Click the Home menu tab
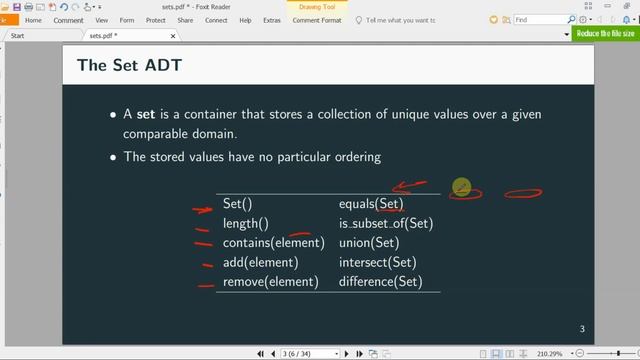click(x=33, y=20)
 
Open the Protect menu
click(x=156, y=20)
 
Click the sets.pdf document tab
click(x=103, y=35)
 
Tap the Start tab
click(x=17, y=35)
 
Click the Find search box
click(x=540, y=19)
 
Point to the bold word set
click(x=148, y=114)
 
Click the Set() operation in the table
click(x=237, y=204)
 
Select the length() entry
click(x=245, y=224)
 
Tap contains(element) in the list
click(x=273, y=243)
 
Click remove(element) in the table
click(x=270, y=282)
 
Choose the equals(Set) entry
click(x=371, y=204)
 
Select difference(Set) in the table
click(x=381, y=282)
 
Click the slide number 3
click(x=582, y=330)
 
